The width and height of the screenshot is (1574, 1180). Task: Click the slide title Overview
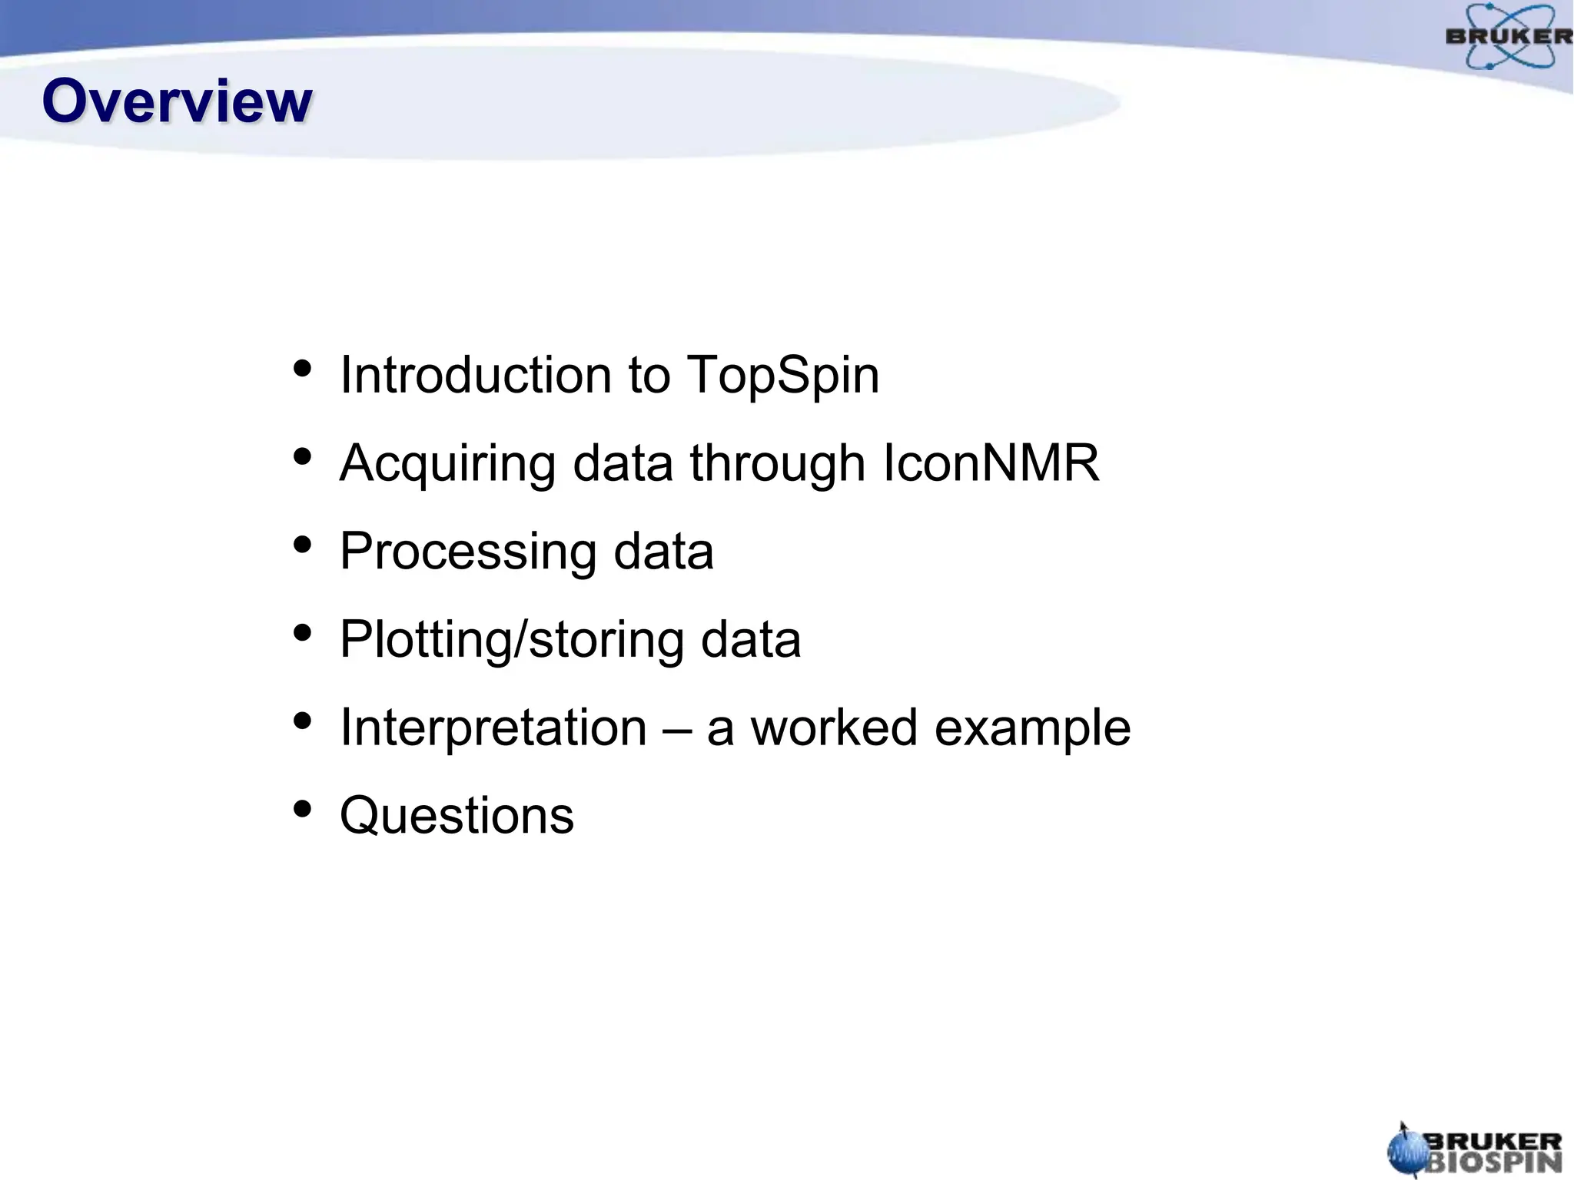pyautogui.click(x=177, y=101)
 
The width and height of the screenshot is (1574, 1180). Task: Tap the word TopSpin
pyautogui.click(x=782, y=376)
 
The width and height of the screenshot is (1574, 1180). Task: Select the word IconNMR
pyautogui.click(x=991, y=463)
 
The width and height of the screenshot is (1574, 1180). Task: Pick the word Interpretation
pyautogui.click(x=493, y=728)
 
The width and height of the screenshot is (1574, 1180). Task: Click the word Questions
pyautogui.click(x=457, y=815)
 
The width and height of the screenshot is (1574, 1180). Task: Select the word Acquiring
pyautogui.click(x=447, y=465)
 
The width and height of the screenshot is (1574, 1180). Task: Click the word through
pyautogui.click(x=777, y=465)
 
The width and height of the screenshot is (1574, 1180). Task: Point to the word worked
pyautogui.click(x=834, y=728)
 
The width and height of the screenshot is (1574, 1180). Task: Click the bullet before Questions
pyautogui.click(x=303, y=809)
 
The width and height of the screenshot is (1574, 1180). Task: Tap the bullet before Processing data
pyautogui.click(x=303, y=545)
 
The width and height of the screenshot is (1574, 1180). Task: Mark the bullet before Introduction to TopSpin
pyautogui.click(x=303, y=369)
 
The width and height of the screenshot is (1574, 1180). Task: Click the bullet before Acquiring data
pyautogui.click(x=303, y=457)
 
